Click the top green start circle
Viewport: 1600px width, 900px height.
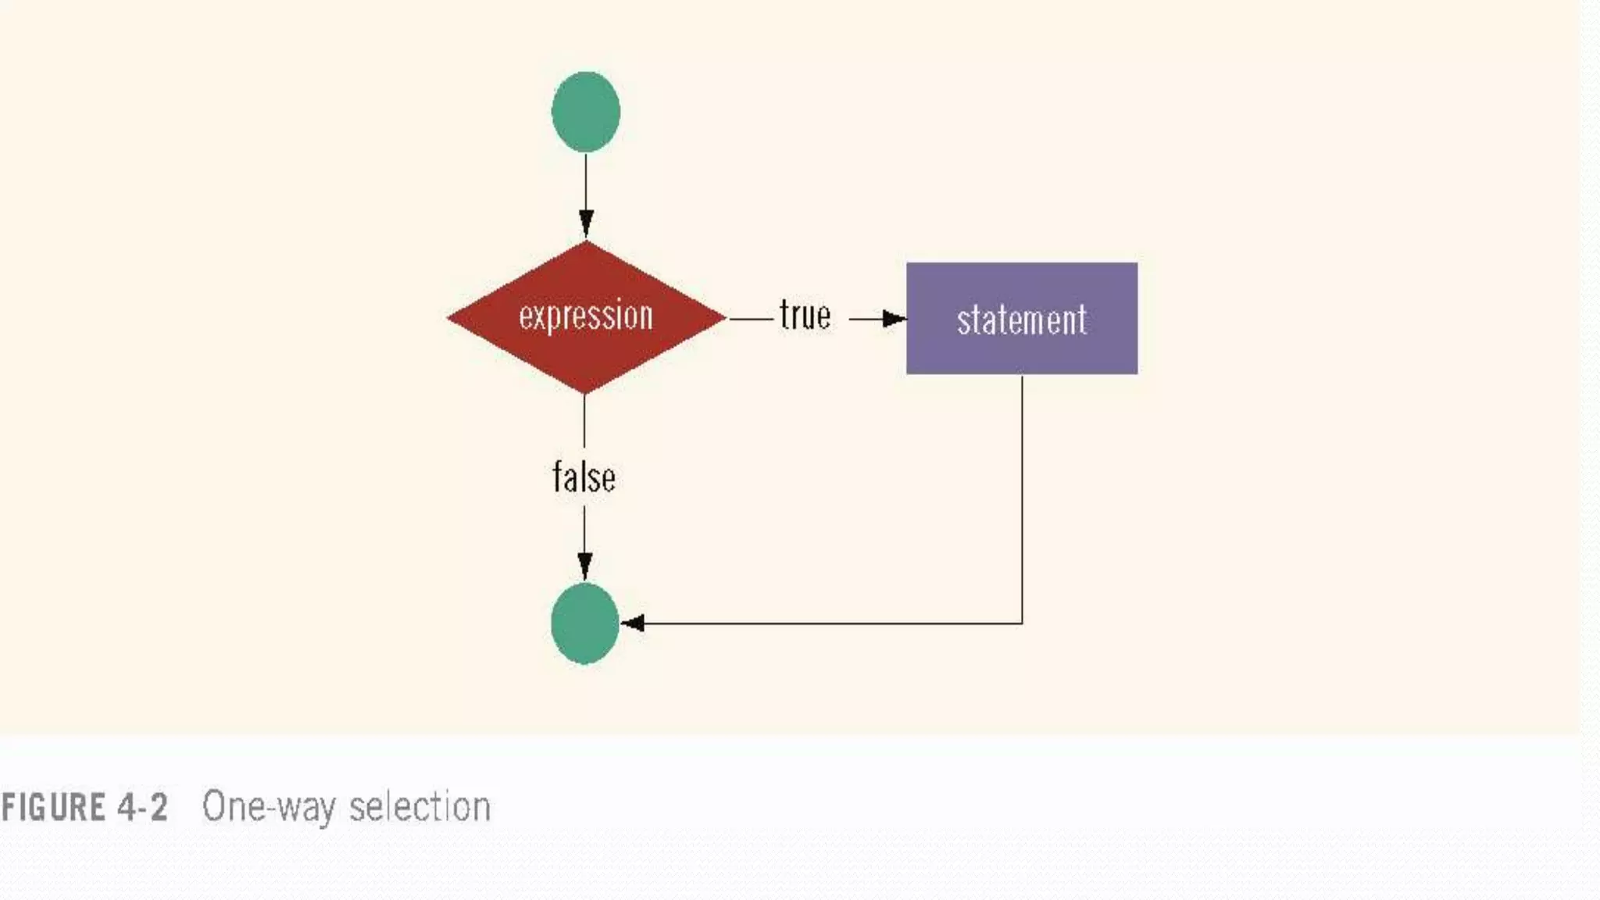point(586,112)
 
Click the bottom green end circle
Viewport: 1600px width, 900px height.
point(585,623)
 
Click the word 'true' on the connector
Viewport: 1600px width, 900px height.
point(805,316)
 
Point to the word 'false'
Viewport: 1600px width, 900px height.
point(584,477)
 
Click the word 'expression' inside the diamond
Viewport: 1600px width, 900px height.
point(586,316)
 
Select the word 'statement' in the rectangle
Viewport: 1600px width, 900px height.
point(1022,320)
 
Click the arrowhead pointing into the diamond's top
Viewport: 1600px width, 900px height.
point(586,222)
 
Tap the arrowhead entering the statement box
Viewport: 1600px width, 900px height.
point(893,319)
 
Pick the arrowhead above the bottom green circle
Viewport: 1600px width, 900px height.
point(584,564)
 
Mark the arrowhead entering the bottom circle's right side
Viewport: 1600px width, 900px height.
point(633,623)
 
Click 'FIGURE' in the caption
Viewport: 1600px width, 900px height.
point(53,807)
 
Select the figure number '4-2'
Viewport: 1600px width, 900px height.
point(143,807)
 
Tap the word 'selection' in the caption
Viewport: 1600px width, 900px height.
point(420,807)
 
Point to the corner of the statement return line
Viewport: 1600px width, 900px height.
point(1022,623)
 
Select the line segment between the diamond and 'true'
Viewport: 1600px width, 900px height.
point(750,319)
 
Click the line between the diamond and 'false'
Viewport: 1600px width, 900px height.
point(584,422)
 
